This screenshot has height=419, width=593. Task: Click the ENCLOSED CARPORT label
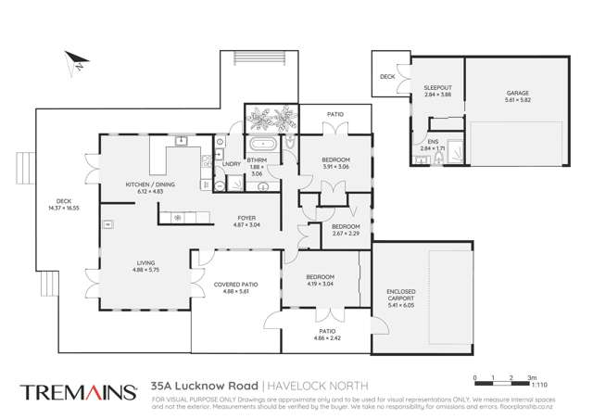point(401,296)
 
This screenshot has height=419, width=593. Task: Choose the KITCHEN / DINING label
point(149,184)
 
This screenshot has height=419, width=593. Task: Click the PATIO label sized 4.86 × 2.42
point(320,333)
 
